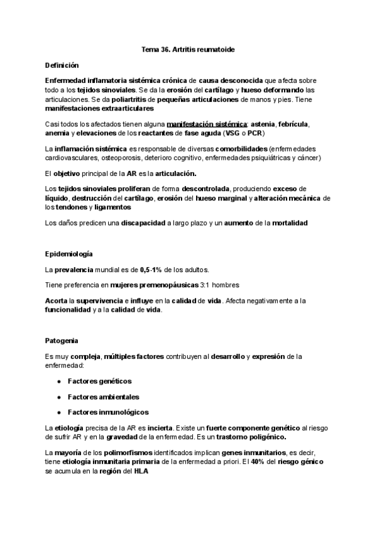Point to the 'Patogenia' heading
(62, 340)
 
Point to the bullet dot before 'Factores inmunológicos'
(58, 412)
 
